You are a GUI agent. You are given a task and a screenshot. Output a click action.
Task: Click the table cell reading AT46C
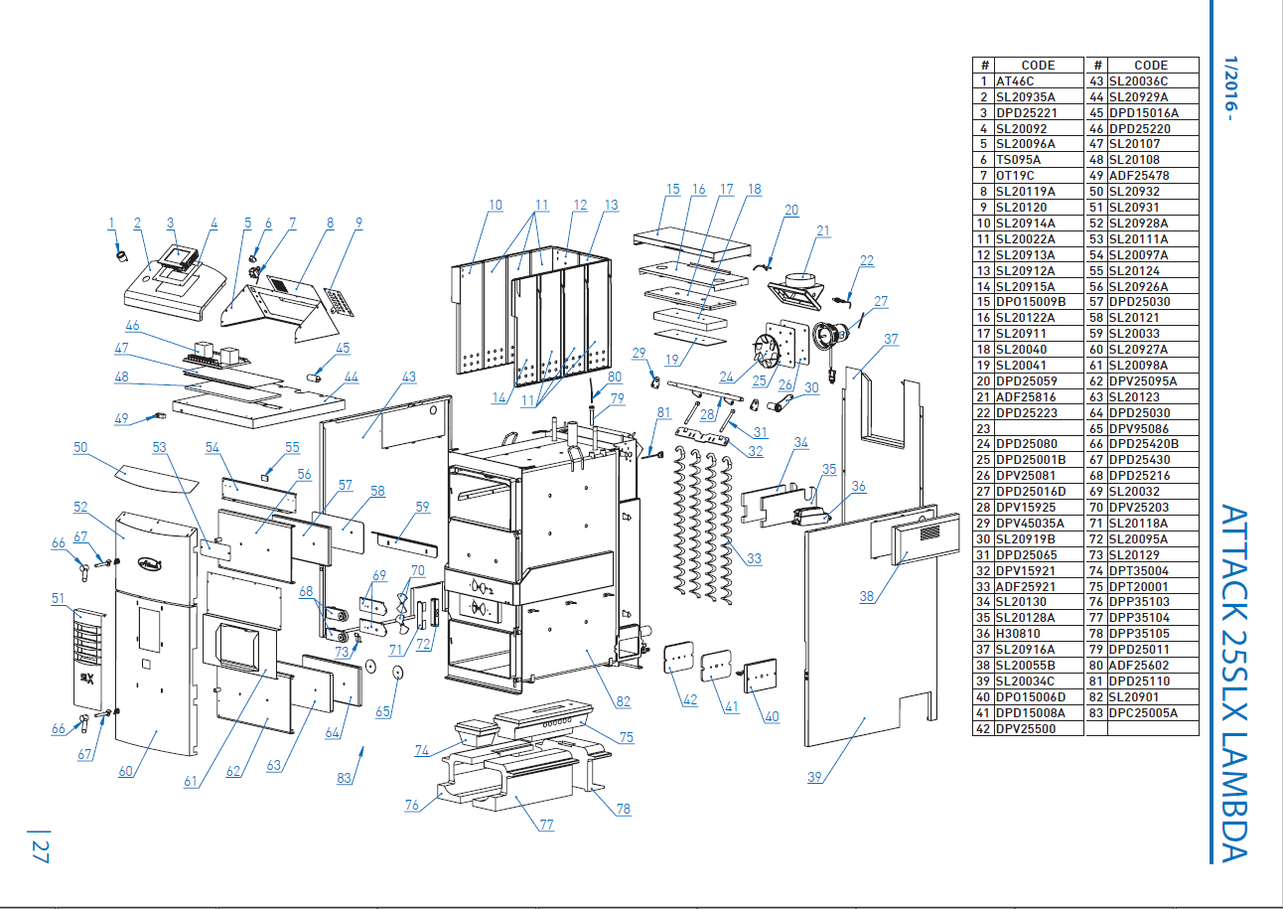coord(1015,81)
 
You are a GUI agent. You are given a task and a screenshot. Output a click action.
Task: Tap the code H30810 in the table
coord(1018,634)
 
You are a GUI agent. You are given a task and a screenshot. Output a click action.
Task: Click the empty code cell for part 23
coord(1039,428)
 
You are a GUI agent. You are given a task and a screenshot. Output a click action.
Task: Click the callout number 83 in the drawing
coord(344,778)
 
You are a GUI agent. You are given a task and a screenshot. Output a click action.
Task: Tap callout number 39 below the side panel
coord(814,777)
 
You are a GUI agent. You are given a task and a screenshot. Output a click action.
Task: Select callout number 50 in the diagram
coord(80,447)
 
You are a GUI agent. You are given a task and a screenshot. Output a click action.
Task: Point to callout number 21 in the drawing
coord(823,230)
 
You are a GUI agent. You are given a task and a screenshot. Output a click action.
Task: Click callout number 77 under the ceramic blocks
coord(547,825)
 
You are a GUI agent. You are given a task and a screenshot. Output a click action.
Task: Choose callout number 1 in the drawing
coord(111,223)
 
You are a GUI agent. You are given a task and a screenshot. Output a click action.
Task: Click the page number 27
coord(40,851)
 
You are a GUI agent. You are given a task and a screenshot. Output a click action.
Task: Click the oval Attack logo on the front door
coord(150,563)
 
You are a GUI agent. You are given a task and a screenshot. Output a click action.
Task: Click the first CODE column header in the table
coord(1038,66)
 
